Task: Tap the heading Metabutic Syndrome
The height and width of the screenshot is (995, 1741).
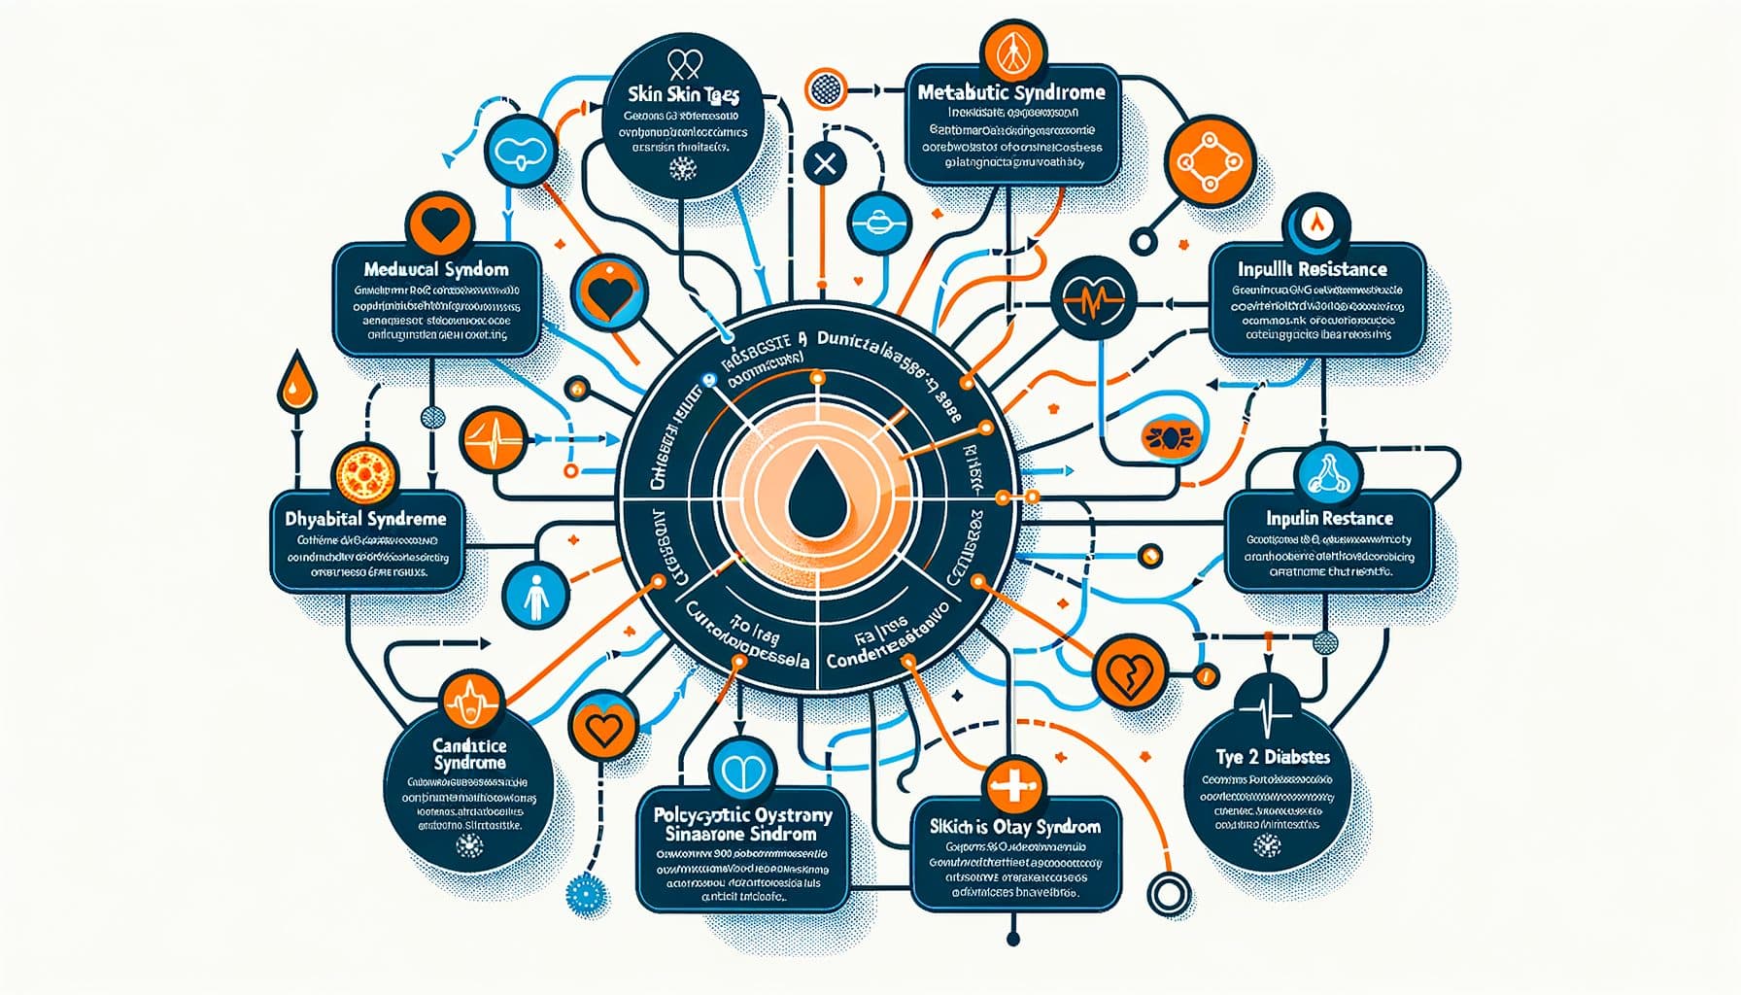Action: click(x=1011, y=93)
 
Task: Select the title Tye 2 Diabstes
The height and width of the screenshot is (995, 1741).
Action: click(x=1273, y=757)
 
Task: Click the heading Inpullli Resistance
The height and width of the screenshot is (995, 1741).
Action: click(x=1312, y=269)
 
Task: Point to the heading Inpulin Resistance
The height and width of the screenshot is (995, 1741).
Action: click(x=1329, y=519)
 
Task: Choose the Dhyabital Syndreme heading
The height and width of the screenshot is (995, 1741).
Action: click(x=365, y=520)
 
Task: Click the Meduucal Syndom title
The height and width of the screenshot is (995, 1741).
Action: click(x=436, y=269)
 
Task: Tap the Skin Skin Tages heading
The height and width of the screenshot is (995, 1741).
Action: click(x=684, y=96)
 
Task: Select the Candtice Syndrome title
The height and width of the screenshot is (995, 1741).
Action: click(x=469, y=754)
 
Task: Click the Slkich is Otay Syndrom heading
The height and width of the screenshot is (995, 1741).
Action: click(x=1015, y=827)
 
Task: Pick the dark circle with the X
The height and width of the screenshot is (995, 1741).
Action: click(x=825, y=163)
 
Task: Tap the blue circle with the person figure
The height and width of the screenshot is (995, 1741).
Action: click(x=536, y=595)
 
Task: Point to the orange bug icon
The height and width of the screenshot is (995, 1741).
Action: click(x=1164, y=436)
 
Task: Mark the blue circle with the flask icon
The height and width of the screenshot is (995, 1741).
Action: click(x=1328, y=474)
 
